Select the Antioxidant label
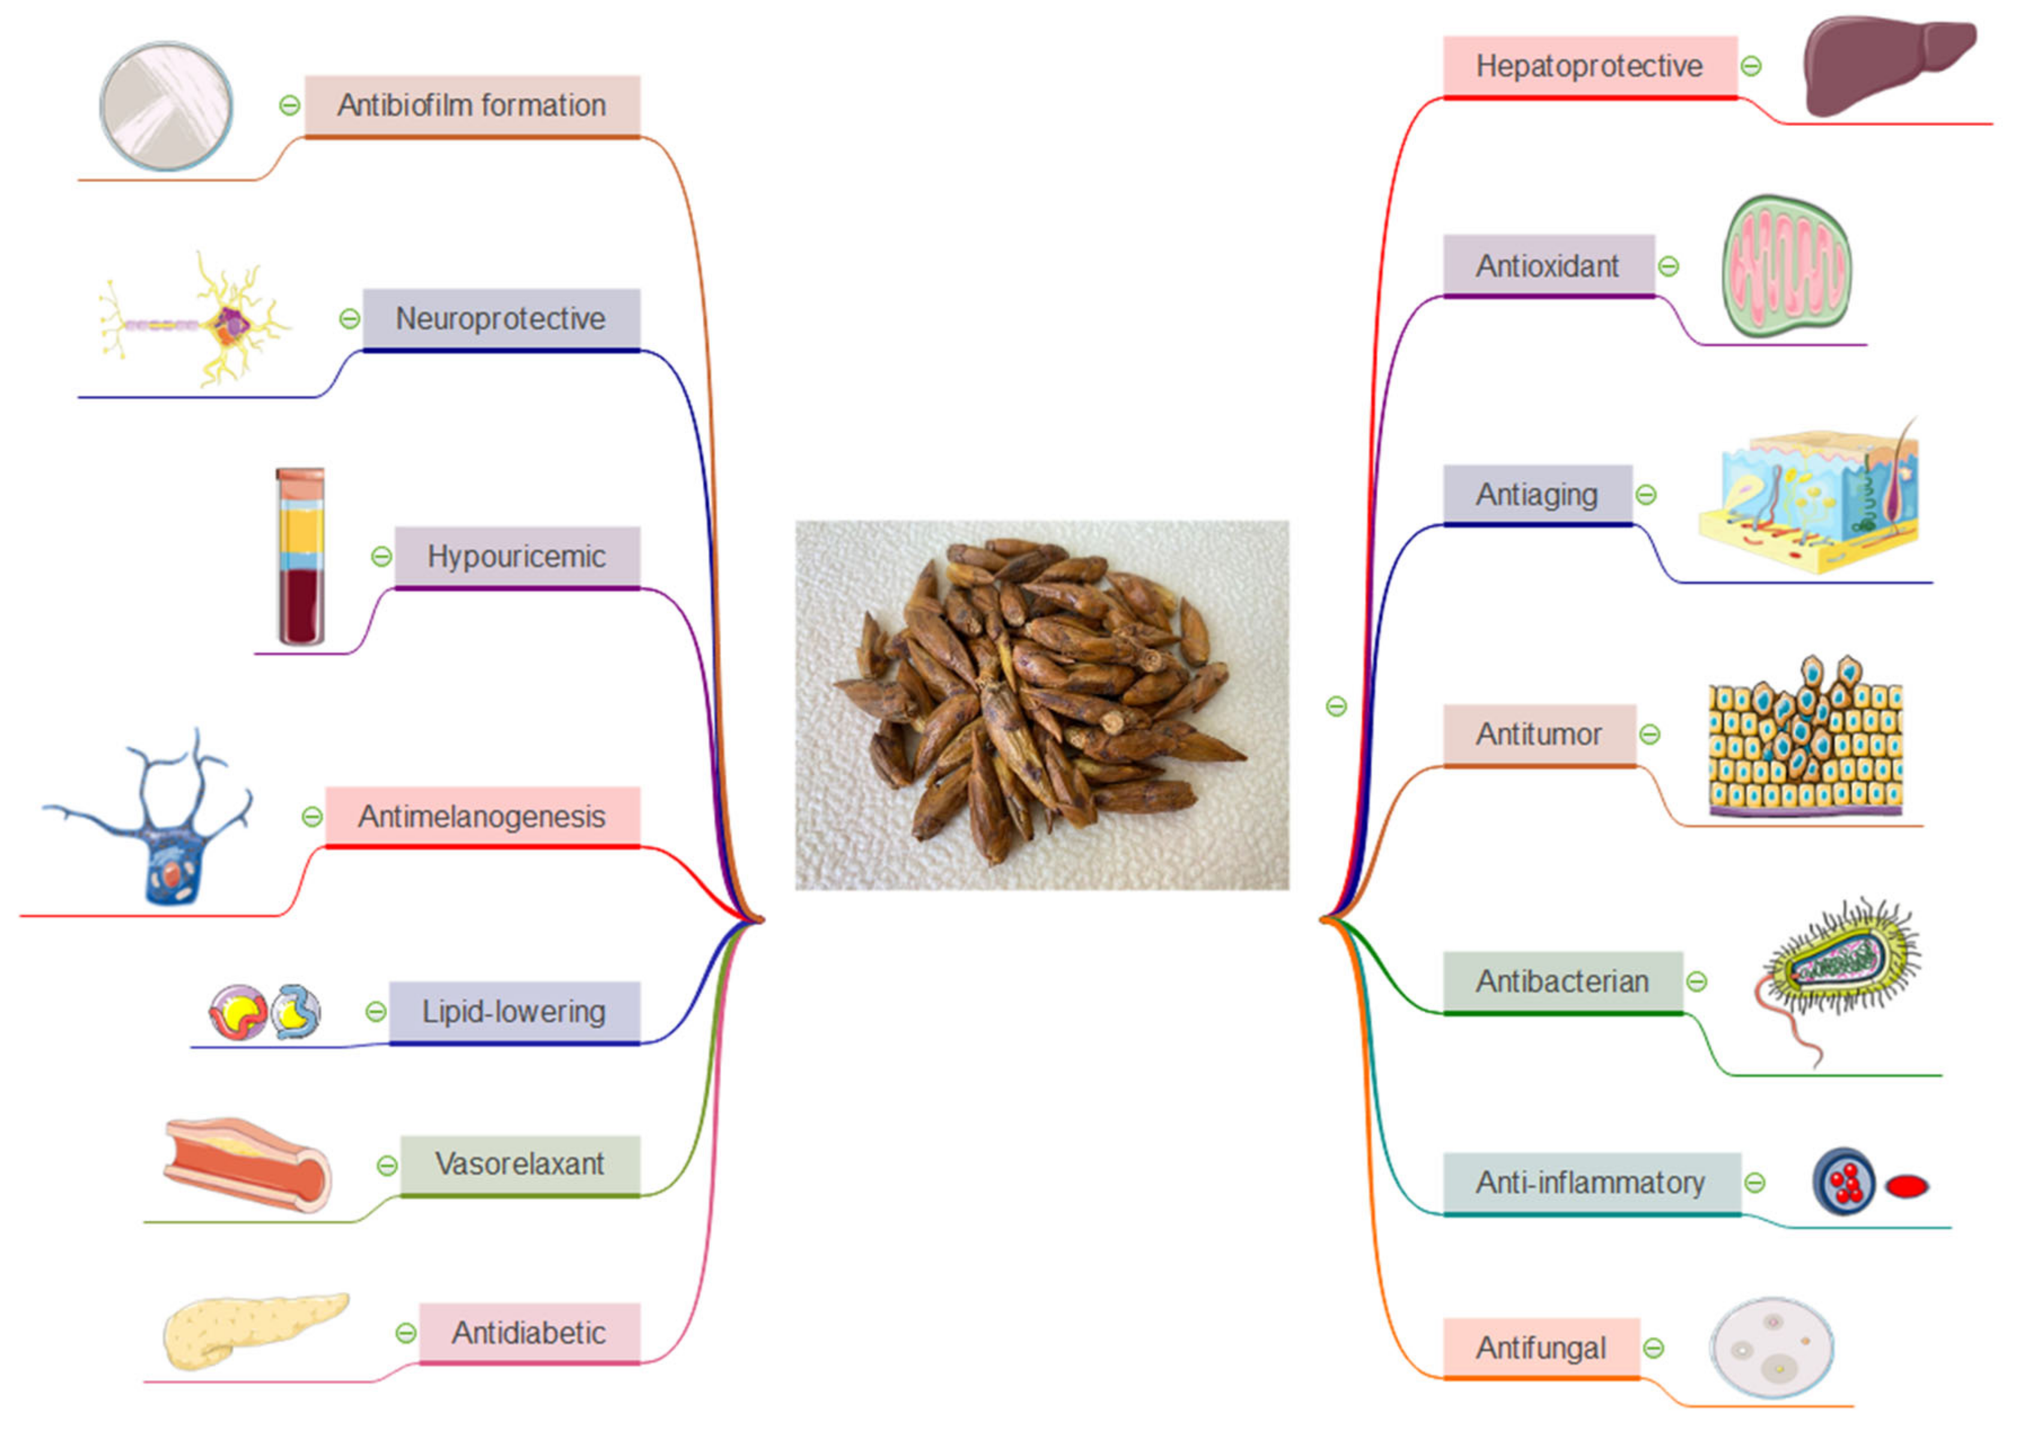pyautogui.click(x=1548, y=265)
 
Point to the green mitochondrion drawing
pyautogui.click(x=1786, y=266)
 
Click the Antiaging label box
pyautogui.click(x=1537, y=494)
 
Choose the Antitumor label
pyautogui.click(x=1539, y=734)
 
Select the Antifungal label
pyautogui.click(x=1541, y=1348)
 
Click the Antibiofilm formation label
pyautogui.click(x=472, y=105)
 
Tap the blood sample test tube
pyautogui.click(x=300, y=557)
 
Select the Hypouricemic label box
pyautogui.click(x=517, y=557)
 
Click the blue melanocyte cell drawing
pyautogui.click(x=159, y=824)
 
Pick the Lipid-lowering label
pyautogui.click(x=514, y=1012)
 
